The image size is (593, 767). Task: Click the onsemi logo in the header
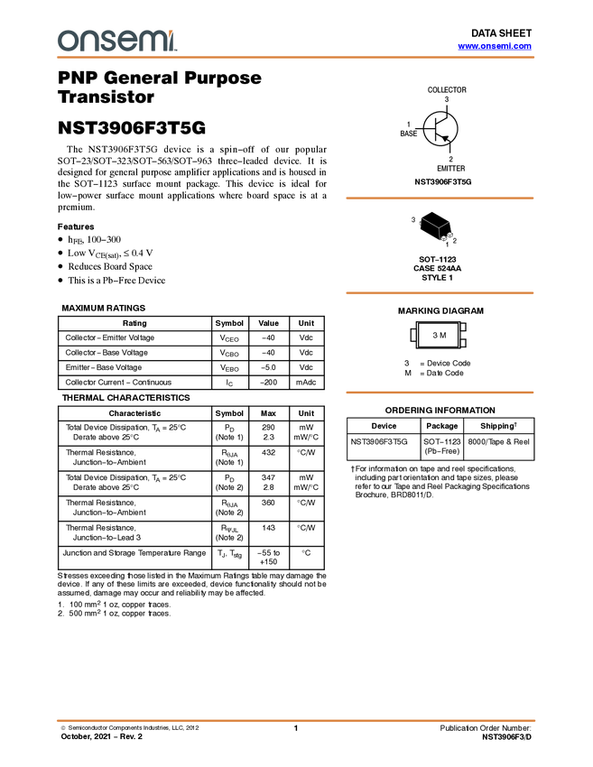[116, 41]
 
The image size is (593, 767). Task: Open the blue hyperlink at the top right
[495, 46]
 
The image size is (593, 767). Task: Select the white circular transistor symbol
[440, 129]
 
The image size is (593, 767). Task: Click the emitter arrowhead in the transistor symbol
[445, 137]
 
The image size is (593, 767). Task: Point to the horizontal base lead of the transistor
[429, 129]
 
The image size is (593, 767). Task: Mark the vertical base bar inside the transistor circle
[436, 129]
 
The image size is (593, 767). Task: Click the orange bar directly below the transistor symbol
[440, 199]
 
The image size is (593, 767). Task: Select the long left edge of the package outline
[430, 221]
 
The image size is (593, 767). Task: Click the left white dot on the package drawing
[441, 236]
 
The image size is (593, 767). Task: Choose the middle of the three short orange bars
[440, 293]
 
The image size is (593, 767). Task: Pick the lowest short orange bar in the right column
[440, 393]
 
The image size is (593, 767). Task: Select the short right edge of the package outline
[446, 223]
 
